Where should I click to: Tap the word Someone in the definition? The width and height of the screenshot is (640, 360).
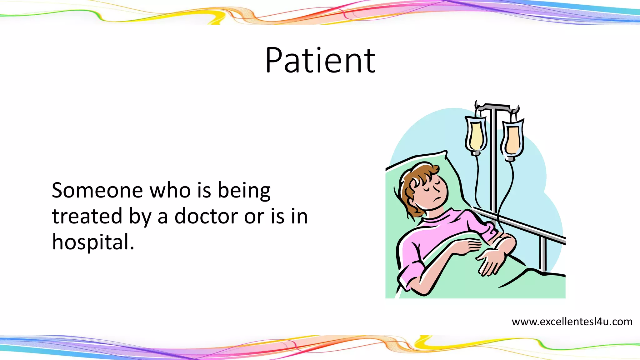97,190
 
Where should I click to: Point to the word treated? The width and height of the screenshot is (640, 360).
87,216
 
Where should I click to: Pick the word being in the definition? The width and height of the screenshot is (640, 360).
244,191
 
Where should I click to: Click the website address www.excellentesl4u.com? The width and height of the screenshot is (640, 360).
572,322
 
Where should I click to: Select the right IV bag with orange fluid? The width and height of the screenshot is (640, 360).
512,139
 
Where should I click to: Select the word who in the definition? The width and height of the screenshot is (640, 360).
170,190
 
